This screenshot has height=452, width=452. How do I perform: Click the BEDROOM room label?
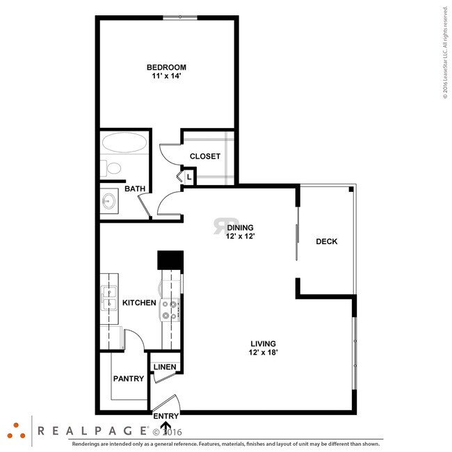click(166, 67)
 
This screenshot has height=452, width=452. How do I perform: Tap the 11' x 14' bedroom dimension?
click(166, 76)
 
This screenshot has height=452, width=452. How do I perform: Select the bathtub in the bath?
click(124, 143)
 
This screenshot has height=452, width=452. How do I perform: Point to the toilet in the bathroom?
click(111, 168)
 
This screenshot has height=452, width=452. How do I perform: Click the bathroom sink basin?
click(109, 200)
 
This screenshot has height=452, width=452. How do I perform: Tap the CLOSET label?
click(205, 156)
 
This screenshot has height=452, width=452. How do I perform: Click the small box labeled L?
click(189, 177)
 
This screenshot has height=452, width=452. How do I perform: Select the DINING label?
click(240, 227)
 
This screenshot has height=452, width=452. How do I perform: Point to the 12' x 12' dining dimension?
click(240, 236)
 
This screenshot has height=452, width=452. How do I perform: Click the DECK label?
click(327, 241)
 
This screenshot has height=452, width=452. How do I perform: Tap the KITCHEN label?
click(139, 302)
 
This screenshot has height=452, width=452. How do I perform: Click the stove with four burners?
click(170, 310)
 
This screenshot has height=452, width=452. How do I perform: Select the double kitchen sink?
click(109, 298)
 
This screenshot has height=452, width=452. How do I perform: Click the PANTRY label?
click(129, 378)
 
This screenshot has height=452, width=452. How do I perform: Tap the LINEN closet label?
click(165, 367)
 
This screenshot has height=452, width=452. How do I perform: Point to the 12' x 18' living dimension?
click(263, 353)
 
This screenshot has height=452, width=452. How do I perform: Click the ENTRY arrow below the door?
click(166, 426)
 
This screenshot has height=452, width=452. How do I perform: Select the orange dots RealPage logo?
click(16, 431)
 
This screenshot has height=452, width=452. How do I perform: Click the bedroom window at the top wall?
click(180, 17)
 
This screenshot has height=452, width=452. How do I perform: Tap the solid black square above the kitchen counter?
click(170, 260)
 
